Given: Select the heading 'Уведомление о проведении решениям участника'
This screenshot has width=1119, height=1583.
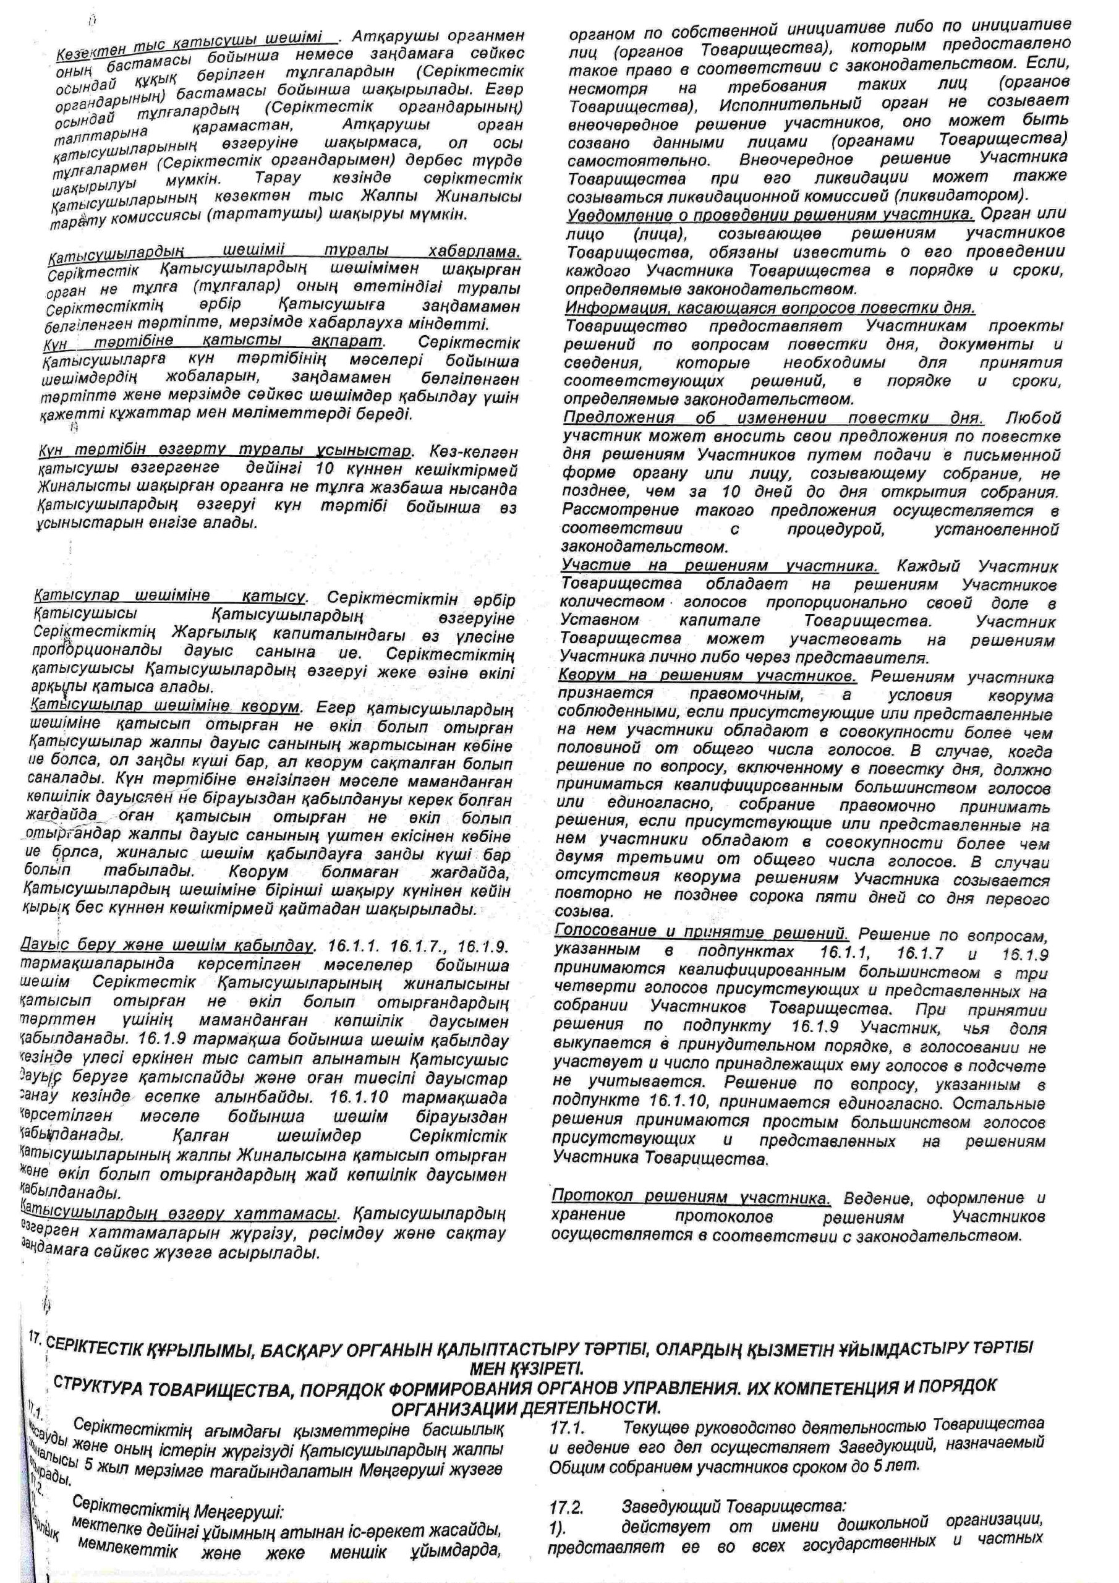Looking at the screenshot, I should point(770,215).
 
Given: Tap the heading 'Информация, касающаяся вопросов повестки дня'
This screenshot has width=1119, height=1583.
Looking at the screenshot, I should point(770,307).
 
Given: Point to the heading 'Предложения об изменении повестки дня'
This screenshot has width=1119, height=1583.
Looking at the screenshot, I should point(773,418).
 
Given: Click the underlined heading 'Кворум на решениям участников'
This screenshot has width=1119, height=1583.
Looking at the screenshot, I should point(707,676).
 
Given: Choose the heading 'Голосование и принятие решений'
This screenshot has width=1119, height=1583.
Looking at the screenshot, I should point(701,932).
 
